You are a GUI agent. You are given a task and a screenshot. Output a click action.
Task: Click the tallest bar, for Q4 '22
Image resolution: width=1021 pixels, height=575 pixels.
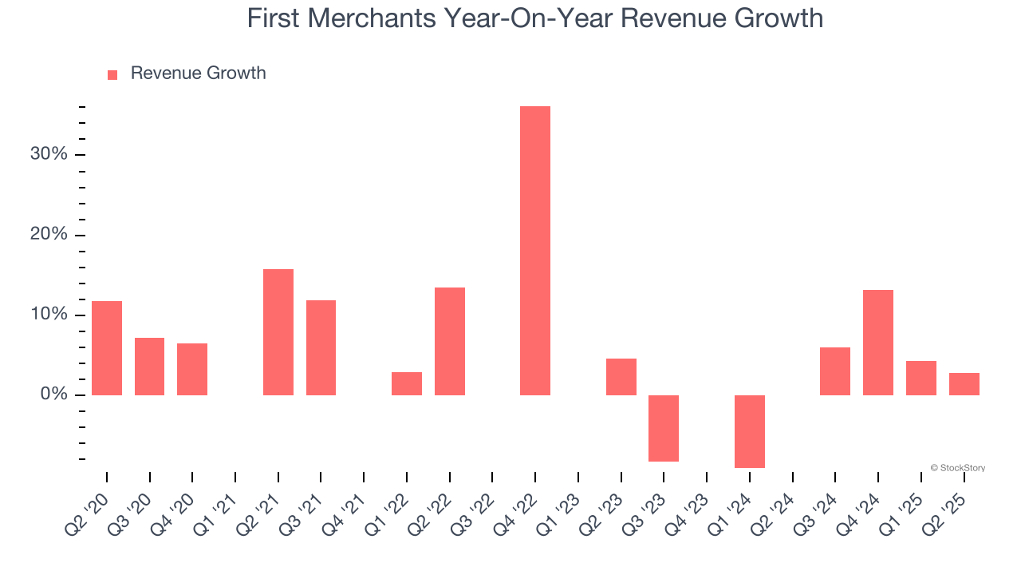(534, 251)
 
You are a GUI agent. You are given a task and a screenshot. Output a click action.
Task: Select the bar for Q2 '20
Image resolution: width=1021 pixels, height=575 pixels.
(107, 348)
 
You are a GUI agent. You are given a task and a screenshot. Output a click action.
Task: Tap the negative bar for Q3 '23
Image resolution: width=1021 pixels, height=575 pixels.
(663, 428)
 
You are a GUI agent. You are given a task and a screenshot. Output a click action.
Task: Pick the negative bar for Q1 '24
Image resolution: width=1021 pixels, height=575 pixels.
(749, 431)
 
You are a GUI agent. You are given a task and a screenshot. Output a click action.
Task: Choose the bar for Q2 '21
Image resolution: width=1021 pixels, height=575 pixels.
(278, 332)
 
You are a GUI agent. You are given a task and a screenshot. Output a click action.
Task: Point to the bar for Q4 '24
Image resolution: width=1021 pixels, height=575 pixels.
(877, 343)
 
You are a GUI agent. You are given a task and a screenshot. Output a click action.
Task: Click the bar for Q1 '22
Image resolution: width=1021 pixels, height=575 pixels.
(407, 383)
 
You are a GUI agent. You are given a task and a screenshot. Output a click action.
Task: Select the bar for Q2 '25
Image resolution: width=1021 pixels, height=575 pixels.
(964, 384)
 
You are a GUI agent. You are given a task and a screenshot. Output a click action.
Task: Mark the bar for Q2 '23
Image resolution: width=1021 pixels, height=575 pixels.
(621, 377)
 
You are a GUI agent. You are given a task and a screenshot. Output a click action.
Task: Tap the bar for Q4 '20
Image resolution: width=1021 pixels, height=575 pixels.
(192, 369)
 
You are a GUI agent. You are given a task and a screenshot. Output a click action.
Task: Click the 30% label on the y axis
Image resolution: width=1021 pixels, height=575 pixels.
(49, 154)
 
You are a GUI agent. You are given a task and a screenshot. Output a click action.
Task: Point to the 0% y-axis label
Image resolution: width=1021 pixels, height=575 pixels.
(53, 395)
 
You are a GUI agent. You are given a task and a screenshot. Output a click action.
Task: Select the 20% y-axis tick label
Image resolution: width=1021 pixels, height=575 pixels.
(49, 235)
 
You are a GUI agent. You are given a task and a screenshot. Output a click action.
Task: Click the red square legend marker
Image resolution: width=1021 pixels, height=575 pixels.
(112, 74)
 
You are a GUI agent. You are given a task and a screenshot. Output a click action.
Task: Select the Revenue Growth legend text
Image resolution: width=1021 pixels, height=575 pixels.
(198, 73)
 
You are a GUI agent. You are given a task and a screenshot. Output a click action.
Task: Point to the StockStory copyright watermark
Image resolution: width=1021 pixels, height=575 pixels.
(957, 468)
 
